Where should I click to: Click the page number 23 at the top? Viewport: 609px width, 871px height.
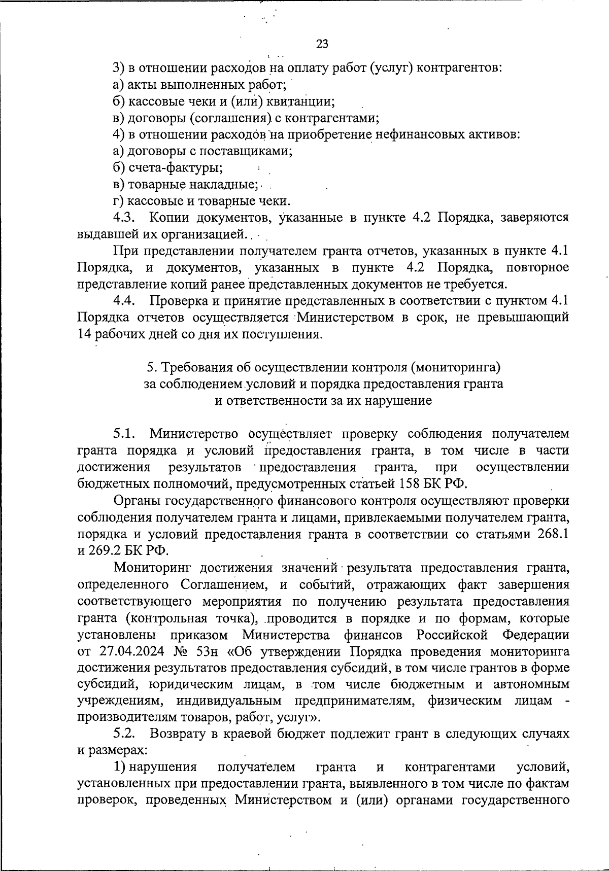coord(322,44)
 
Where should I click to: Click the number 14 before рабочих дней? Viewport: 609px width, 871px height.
coord(84,334)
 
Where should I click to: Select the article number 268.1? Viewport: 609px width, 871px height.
coord(553,534)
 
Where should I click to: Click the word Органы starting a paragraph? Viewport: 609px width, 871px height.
coord(137,501)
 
